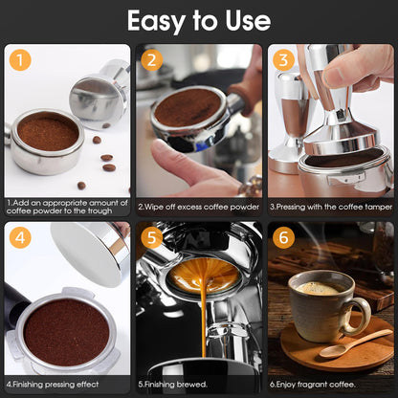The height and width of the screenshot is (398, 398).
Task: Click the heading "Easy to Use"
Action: tap(198, 21)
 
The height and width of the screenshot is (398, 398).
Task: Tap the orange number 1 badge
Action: tap(21, 62)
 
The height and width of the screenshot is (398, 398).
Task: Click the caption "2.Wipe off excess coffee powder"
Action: tap(197, 206)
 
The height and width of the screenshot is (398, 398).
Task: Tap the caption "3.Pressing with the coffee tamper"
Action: tap(330, 206)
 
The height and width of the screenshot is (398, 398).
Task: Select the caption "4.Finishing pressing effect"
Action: tap(57, 383)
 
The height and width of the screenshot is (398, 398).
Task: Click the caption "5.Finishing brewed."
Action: tap(172, 383)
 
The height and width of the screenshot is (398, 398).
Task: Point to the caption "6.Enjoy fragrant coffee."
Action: tap(316, 383)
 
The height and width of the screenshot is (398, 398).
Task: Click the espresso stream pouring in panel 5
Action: tap(202, 316)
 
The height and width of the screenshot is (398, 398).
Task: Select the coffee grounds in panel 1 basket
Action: tap(48, 132)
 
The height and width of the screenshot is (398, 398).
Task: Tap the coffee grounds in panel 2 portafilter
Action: tap(187, 107)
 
